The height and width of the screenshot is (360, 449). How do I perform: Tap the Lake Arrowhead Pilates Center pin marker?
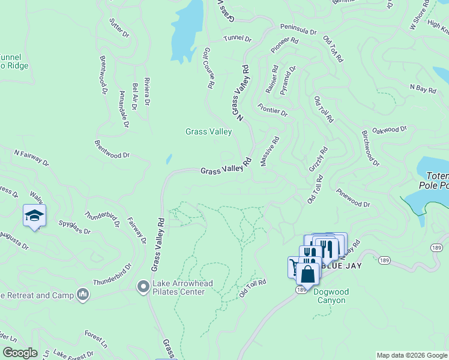(x=143, y=287)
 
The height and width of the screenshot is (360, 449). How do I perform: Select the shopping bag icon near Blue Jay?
(x=307, y=275)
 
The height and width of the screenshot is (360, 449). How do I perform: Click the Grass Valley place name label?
(x=208, y=131)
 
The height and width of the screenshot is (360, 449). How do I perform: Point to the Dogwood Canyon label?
(x=331, y=296)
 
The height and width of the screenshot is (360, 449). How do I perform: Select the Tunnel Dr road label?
(x=237, y=38)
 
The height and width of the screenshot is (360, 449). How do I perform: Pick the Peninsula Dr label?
(x=298, y=29)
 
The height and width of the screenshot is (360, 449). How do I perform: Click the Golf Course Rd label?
(x=208, y=68)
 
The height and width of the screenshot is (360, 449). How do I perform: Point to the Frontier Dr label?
(x=273, y=109)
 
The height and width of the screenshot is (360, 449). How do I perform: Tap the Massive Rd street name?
(x=270, y=151)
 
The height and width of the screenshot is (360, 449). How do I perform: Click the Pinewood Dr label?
(x=353, y=198)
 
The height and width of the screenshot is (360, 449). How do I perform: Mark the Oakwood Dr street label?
(x=390, y=129)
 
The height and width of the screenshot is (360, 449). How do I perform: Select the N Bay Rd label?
(x=423, y=88)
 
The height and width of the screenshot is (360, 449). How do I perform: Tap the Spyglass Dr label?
(x=74, y=227)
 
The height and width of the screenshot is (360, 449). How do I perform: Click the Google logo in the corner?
(x=20, y=353)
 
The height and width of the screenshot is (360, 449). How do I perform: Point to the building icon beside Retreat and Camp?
(x=83, y=295)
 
